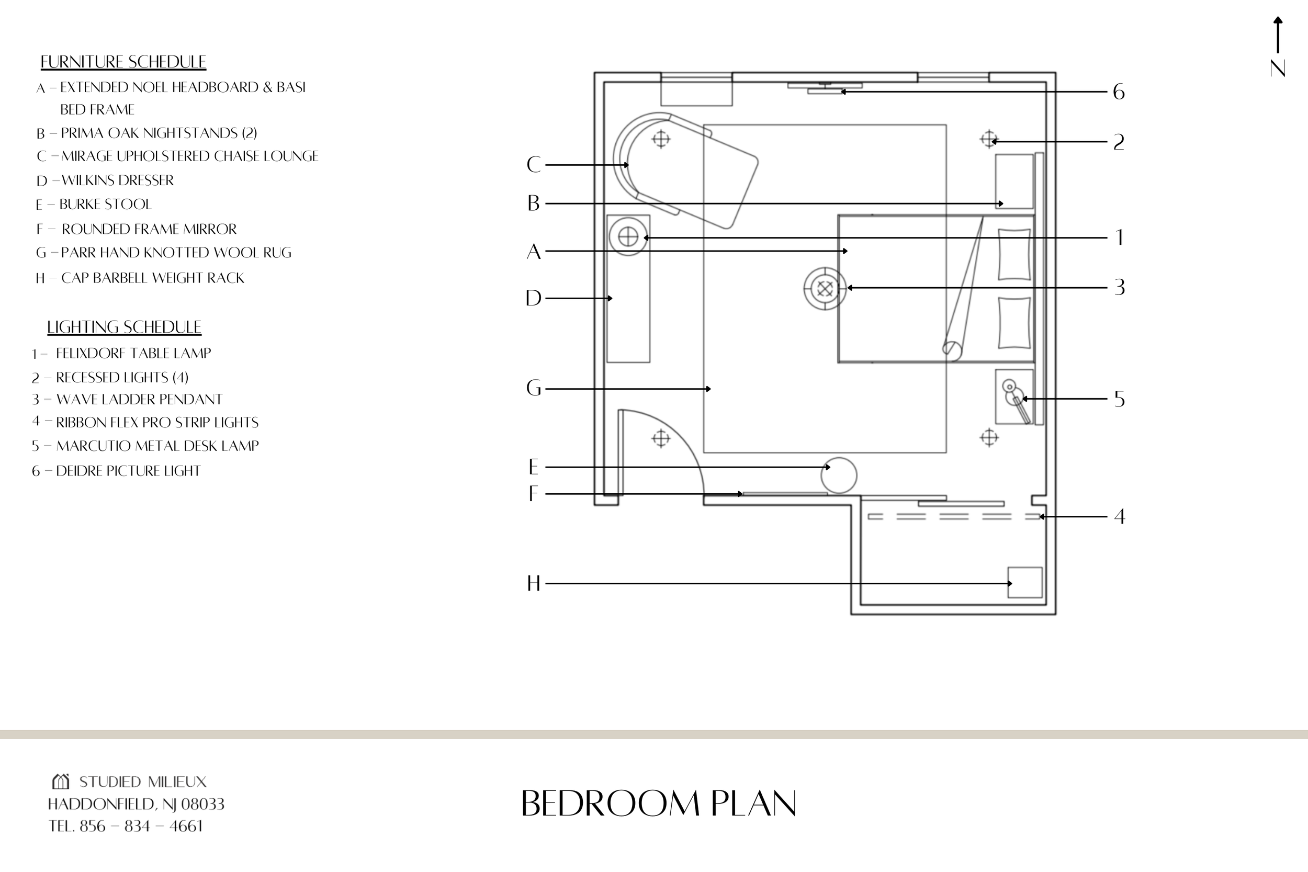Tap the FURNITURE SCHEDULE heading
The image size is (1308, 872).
tap(123, 62)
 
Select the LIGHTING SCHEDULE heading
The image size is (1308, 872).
tap(124, 327)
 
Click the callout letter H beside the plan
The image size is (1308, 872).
tap(533, 584)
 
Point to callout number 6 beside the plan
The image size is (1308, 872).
tap(1119, 92)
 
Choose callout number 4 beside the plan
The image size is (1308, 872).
tap(1120, 517)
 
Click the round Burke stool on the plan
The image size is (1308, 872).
tap(839, 475)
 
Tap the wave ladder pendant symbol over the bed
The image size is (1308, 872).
tap(825, 289)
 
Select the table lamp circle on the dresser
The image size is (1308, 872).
tap(628, 237)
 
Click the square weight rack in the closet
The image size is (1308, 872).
tap(1025, 582)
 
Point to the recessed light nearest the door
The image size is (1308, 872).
tap(661, 439)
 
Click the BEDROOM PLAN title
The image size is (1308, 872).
tap(659, 804)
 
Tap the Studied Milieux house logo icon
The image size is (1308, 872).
tap(61, 782)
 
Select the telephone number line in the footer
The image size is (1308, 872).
tap(126, 826)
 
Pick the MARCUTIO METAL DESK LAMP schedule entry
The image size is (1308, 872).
tap(157, 446)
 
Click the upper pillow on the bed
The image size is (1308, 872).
tap(1014, 254)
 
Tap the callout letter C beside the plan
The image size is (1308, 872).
tap(533, 165)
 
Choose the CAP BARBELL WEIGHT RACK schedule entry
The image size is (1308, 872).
tap(152, 278)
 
